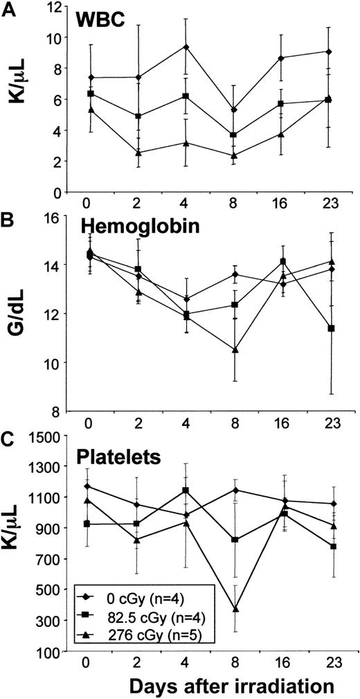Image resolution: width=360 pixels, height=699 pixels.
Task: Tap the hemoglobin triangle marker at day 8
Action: pos(235,350)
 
